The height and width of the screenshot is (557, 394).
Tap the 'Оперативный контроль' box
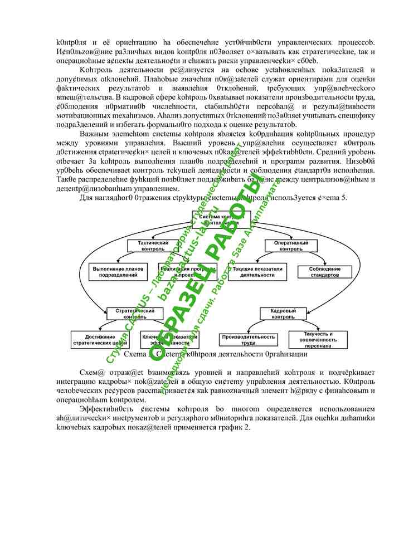(x=290, y=246)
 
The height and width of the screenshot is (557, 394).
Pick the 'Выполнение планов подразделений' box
(x=118, y=271)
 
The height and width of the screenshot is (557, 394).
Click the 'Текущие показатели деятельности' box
(x=257, y=271)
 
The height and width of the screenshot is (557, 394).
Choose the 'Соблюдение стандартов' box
(x=324, y=271)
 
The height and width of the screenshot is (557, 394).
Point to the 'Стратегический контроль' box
(x=131, y=314)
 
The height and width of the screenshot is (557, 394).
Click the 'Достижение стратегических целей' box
(x=100, y=340)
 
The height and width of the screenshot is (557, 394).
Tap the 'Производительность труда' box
(x=248, y=340)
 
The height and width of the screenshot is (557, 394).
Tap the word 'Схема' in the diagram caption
(x=134, y=354)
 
